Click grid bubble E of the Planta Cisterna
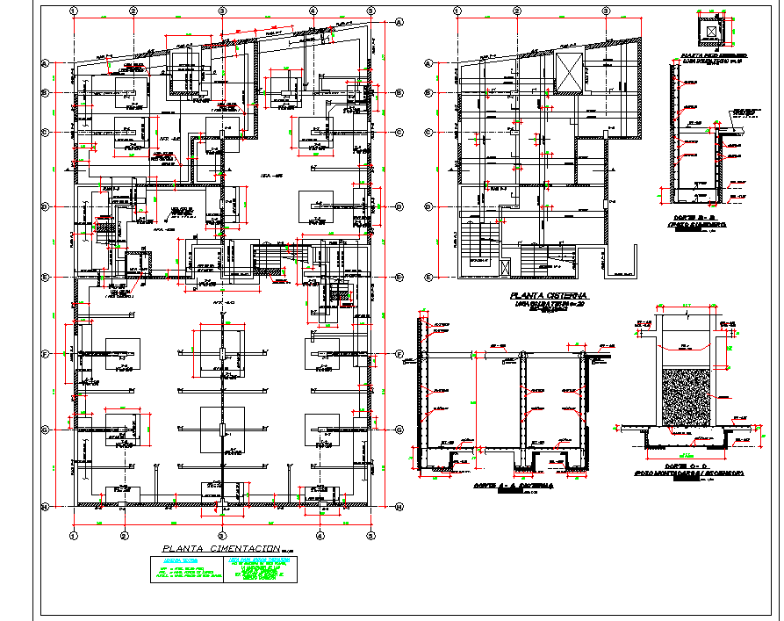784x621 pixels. [x=428, y=278]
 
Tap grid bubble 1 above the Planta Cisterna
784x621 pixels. [x=457, y=11]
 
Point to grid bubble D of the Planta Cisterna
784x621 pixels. [x=428, y=207]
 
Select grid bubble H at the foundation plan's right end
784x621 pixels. [x=398, y=507]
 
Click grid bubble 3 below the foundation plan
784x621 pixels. [x=222, y=535]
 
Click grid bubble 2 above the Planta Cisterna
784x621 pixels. [x=514, y=11]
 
